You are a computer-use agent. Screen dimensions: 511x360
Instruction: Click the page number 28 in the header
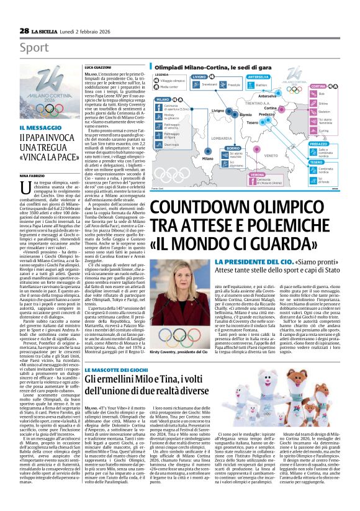pyautogui.click(x=24, y=30)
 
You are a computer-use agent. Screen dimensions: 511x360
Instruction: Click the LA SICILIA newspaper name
pyautogui.click(x=47, y=30)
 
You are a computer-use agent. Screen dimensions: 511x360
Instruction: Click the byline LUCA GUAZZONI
pyautogui.click(x=98, y=66)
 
